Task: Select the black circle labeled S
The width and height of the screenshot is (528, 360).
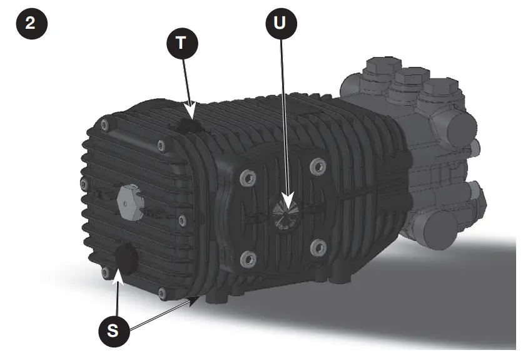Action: point(113,331)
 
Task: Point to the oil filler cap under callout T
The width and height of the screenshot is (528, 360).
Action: point(188,125)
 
